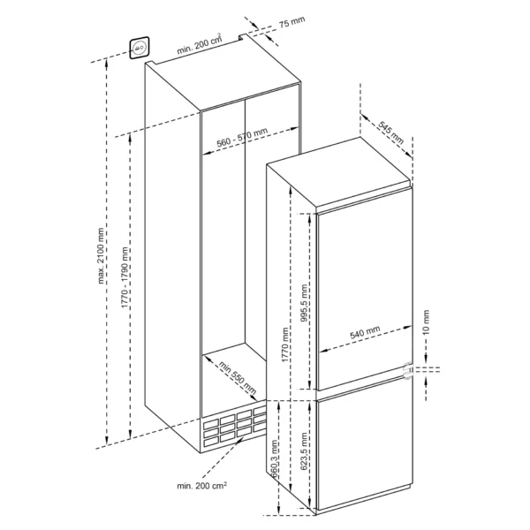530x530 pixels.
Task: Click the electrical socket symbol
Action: (x=140, y=48)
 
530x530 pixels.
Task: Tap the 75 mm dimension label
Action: (x=292, y=22)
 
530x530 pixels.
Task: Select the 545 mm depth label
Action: (x=390, y=132)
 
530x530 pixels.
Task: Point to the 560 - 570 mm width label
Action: (x=242, y=137)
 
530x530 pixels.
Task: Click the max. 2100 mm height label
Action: (x=101, y=256)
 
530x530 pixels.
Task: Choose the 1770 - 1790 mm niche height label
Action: (x=125, y=277)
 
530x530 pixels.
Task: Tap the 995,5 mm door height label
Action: (x=304, y=303)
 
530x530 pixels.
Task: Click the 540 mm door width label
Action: (x=365, y=332)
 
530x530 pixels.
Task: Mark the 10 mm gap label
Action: (x=426, y=322)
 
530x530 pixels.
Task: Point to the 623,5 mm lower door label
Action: (x=304, y=450)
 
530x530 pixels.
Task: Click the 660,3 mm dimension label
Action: (x=275, y=458)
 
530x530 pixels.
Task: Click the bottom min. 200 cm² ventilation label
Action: (x=201, y=486)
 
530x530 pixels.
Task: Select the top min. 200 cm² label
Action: (x=200, y=44)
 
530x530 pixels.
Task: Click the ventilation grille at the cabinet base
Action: (x=234, y=427)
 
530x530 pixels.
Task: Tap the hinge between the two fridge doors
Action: (x=408, y=370)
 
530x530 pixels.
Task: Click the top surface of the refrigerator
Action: (x=338, y=173)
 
